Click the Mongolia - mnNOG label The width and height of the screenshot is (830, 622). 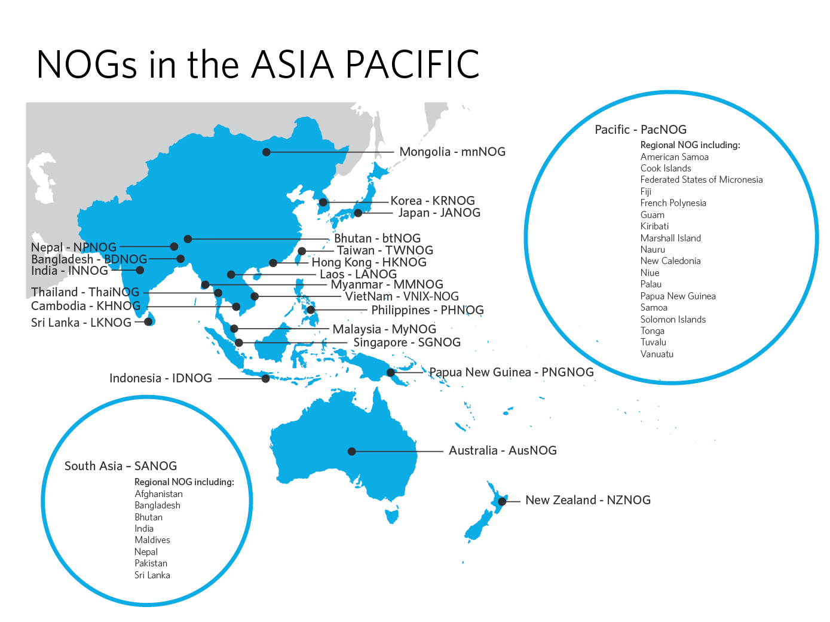(x=452, y=152)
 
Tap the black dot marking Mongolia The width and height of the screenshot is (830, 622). (x=267, y=152)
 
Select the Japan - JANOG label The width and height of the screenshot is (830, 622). (x=439, y=213)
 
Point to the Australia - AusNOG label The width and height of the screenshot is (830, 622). (x=503, y=451)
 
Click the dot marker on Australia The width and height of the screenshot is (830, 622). (x=352, y=452)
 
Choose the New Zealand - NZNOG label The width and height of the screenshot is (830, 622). (x=588, y=500)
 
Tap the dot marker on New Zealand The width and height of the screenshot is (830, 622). (x=502, y=502)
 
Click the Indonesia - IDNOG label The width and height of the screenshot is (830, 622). (x=161, y=378)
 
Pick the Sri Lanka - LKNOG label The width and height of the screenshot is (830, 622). (x=81, y=323)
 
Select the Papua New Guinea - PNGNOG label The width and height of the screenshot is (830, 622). (x=512, y=372)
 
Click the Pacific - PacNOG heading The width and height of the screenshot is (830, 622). (x=641, y=130)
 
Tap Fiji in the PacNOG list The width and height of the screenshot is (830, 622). (x=646, y=192)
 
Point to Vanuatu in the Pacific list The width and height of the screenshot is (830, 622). (x=657, y=354)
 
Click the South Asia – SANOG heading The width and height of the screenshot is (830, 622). (x=121, y=466)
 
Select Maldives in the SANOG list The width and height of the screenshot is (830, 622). (x=152, y=540)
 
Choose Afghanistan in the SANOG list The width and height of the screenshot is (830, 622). (x=158, y=494)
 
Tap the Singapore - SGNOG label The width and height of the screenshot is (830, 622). (x=407, y=342)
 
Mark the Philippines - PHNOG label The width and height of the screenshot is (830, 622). (x=427, y=310)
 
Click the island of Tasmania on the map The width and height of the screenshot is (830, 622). (x=392, y=514)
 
